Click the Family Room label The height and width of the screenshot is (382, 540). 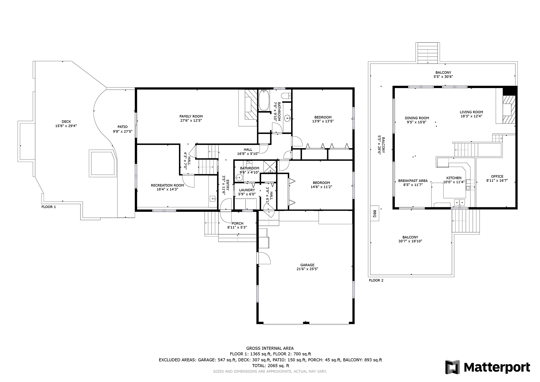(191, 116)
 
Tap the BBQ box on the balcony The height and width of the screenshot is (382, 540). (374, 214)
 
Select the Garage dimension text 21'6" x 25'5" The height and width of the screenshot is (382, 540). (307, 269)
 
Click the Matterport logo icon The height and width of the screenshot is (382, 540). (452, 367)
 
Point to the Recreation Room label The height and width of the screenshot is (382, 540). (167, 185)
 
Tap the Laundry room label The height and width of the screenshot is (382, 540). (247, 190)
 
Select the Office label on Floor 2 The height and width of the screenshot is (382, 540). (497, 176)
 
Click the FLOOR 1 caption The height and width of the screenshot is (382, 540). (49, 207)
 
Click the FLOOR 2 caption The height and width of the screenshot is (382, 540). (376, 280)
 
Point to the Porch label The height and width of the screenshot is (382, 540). (237, 223)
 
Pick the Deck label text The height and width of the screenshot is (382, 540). (66, 122)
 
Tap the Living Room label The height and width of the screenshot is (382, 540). (471, 112)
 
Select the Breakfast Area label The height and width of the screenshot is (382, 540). (413, 181)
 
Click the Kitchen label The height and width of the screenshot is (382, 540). (454, 178)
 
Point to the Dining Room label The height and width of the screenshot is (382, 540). (417, 118)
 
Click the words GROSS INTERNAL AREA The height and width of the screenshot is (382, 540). (270, 348)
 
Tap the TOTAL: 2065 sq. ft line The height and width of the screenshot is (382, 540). (270, 366)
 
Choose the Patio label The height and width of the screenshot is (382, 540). (122, 127)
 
